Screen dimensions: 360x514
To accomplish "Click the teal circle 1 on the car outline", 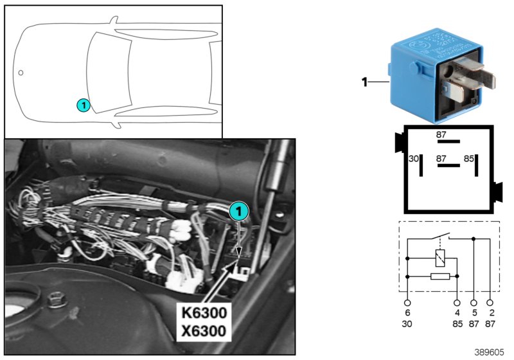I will [x=82, y=104].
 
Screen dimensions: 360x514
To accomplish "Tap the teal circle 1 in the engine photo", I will [x=238, y=210].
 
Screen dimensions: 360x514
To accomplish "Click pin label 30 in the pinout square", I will [x=414, y=157].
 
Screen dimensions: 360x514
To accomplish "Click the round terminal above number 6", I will [x=407, y=301].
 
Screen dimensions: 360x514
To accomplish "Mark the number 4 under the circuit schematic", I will [x=457, y=314].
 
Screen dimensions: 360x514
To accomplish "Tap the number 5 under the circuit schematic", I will [x=474, y=314].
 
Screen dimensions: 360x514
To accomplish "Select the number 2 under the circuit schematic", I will [x=492, y=314].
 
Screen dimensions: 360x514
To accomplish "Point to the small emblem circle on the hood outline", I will [x=21, y=73].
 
